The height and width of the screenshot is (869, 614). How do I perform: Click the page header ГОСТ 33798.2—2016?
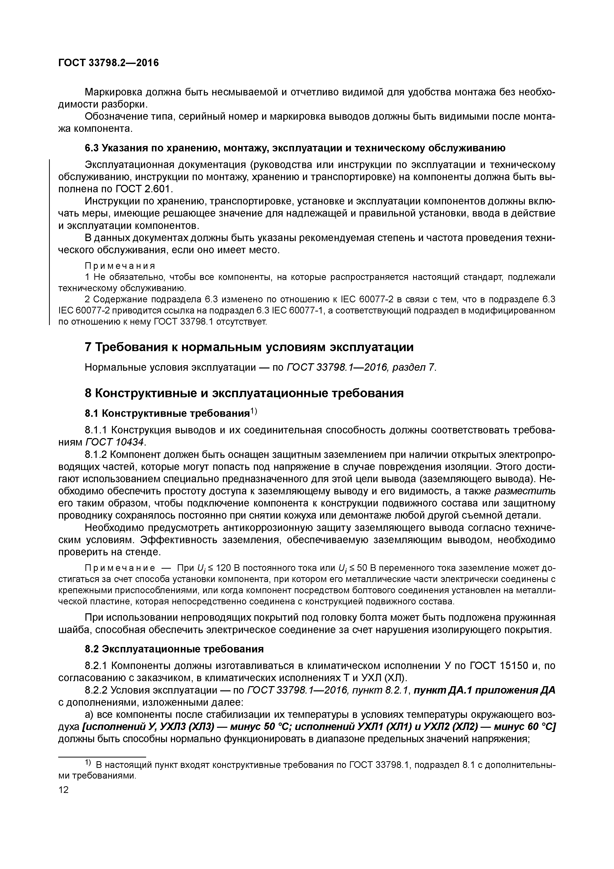(108, 62)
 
